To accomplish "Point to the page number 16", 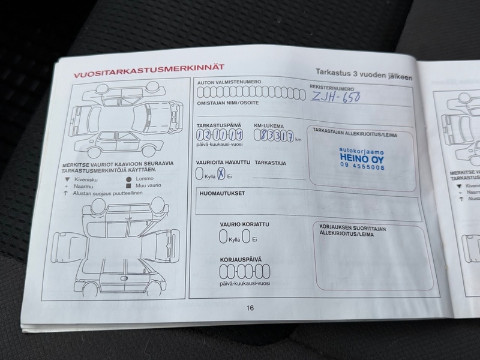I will click(x=250, y=308).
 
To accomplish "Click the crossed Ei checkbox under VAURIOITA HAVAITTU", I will click(x=221, y=174).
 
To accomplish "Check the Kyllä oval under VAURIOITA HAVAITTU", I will click(x=200, y=174).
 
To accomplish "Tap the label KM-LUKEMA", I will click(x=268, y=127).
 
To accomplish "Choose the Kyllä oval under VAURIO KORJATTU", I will click(x=223, y=236).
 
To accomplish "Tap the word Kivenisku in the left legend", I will click(x=87, y=179).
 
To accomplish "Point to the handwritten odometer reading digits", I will click(x=273, y=136).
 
